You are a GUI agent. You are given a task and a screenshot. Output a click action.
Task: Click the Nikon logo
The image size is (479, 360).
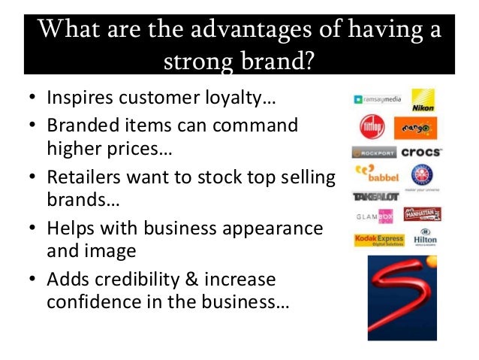click(423, 100)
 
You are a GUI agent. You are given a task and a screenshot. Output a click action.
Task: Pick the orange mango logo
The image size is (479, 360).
click(415, 127)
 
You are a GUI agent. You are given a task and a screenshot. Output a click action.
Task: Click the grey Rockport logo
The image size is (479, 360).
click(373, 153)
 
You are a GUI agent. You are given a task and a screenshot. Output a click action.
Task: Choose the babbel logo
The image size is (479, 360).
click(373, 174)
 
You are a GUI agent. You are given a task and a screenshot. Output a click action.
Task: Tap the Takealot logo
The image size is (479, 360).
click(375, 197)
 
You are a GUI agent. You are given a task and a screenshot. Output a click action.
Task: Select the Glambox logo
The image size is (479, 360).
click(374, 216)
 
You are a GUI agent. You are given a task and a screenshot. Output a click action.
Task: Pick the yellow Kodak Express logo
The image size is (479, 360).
click(378, 240)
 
